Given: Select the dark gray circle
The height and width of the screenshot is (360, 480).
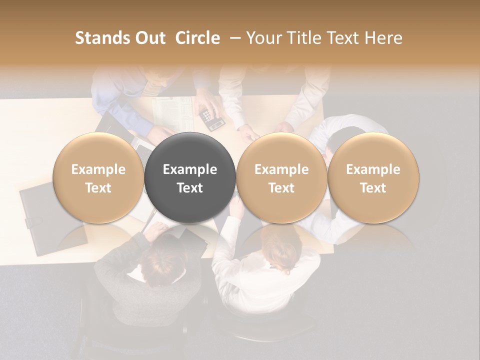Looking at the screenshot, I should (x=190, y=178).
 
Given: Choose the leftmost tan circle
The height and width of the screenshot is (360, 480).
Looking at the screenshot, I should (x=98, y=178).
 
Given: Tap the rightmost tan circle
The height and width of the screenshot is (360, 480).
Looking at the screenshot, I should (x=373, y=178).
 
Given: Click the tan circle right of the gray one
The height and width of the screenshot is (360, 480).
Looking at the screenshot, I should (x=281, y=178).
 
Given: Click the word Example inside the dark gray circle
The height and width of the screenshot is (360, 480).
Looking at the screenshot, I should (x=190, y=169).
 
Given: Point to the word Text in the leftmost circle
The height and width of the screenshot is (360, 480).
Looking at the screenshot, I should (x=98, y=188).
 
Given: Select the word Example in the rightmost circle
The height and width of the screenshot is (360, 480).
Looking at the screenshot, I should (x=373, y=169).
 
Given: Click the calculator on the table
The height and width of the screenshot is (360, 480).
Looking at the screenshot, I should (x=211, y=118).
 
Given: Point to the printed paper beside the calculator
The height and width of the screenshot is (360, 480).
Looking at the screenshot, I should (x=173, y=113).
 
